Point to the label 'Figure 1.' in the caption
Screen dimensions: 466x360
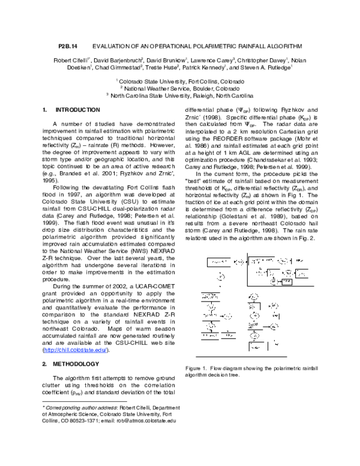(x=197, y=368)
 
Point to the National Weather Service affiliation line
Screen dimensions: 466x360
(x=180, y=88)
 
